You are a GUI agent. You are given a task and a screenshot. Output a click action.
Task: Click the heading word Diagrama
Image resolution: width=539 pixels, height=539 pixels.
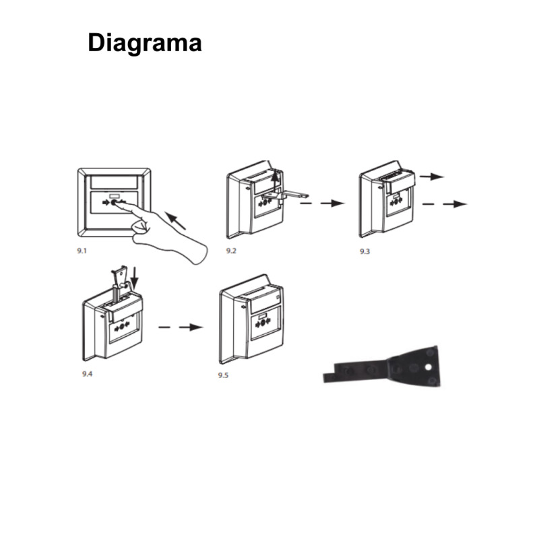click(145, 43)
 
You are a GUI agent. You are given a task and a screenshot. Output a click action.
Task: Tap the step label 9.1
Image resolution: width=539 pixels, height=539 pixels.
click(82, 251)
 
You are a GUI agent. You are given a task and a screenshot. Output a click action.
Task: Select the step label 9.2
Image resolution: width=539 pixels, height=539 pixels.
click(231, 251)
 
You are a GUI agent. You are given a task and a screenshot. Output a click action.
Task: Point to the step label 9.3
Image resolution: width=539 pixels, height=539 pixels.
click(364, 251)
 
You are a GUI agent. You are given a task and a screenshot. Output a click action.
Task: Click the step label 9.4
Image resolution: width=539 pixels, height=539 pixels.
click(88, 374)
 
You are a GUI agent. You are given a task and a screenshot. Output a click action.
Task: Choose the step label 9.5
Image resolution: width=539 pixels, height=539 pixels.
click(223, 375)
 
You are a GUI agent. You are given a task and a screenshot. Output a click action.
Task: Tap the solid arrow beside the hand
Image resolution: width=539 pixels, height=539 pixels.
click(175, 220)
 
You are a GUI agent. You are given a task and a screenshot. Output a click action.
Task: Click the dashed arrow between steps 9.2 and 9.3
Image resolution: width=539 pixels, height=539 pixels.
click(323, 203)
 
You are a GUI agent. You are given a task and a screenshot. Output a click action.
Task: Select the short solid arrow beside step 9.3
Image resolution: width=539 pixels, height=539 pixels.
click(432, 177)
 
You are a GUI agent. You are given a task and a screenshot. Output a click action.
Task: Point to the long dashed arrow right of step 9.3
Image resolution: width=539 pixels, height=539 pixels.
click(445, 204)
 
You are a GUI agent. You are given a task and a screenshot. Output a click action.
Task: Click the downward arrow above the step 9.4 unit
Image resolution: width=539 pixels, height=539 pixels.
click(134, 278)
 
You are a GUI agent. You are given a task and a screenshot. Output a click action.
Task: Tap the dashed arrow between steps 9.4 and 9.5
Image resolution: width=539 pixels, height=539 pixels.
click(181, 327)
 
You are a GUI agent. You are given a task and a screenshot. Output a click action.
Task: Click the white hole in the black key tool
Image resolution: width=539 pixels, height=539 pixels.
click(428, 367)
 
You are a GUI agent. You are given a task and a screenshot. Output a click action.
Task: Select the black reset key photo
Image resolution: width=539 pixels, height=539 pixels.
click(381, 368)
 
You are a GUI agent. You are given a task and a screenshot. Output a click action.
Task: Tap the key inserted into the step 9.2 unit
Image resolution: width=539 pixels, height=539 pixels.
click(284, 196)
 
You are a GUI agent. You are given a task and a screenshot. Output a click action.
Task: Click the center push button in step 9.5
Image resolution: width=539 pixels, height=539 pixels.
click(263, 323)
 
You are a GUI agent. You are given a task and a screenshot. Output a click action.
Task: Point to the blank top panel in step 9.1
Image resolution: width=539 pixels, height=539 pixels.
click(114, 182)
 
